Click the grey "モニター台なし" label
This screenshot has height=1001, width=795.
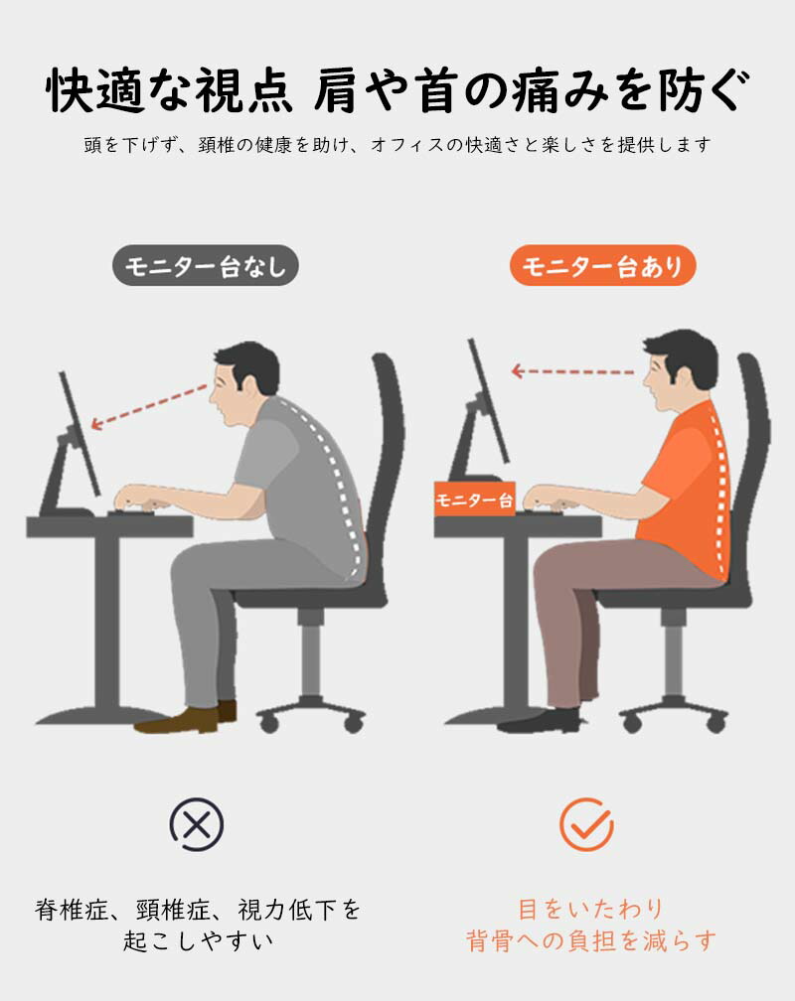[205, 265]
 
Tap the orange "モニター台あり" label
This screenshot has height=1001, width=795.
[602, 265]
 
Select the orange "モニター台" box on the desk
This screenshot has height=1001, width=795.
[475, 500]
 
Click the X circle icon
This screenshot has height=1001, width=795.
[197, 824]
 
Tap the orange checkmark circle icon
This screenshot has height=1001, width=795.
[586, 824]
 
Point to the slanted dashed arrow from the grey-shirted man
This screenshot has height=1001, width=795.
[149, 407]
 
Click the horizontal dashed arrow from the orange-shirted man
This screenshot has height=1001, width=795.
[573, 371]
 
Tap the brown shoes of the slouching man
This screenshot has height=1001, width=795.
[186, 718]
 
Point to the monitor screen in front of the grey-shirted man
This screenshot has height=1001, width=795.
[79, 433]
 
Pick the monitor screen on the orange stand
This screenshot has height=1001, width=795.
[489, 401]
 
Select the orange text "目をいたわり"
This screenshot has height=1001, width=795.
[590, 909]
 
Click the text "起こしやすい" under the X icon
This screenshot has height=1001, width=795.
[198, 940]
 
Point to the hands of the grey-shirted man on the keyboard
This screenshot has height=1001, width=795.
[144, 498]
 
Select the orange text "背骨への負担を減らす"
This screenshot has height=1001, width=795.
[590, 940]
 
